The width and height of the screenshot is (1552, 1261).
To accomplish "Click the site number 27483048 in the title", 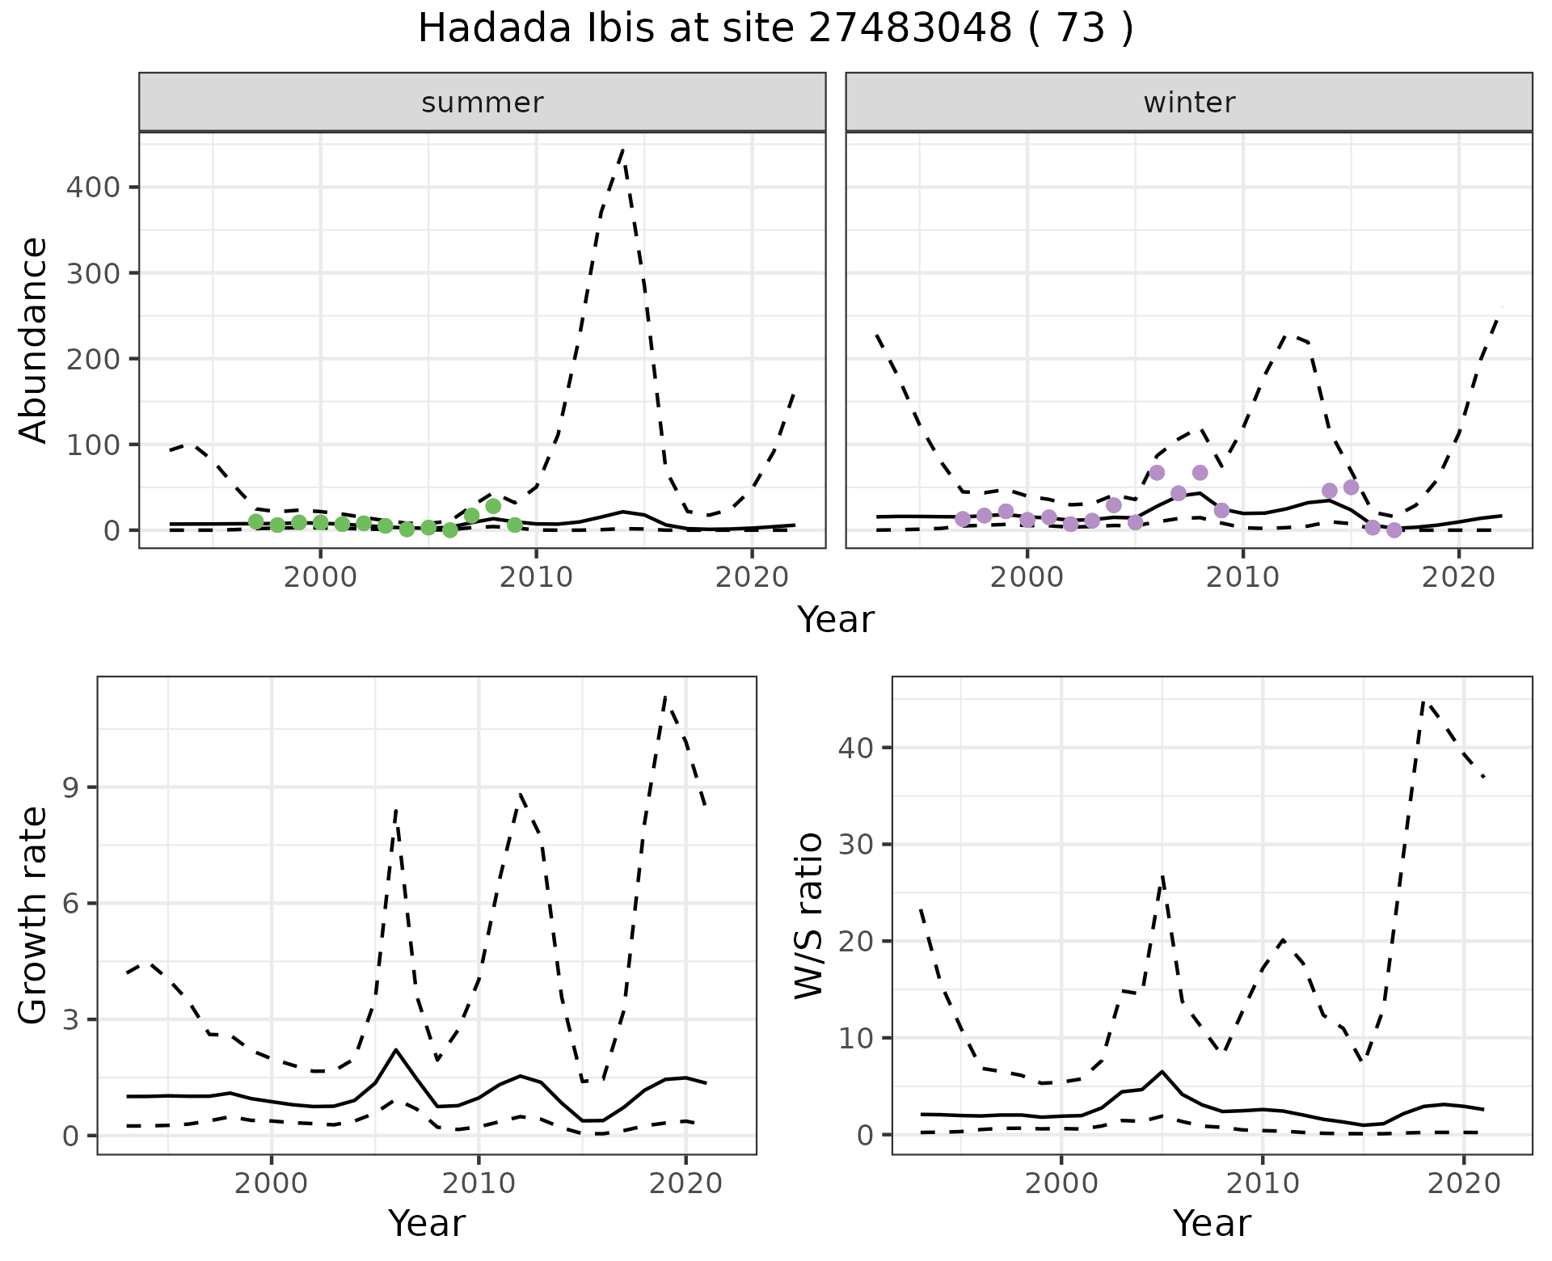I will click(909, 29).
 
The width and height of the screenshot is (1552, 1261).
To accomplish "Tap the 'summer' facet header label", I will click(483, 103).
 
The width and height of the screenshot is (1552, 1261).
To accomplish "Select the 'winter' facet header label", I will click(1189, 103).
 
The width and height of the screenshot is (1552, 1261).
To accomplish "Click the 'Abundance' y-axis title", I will click(34, 339).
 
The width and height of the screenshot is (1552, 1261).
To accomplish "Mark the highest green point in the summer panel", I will click(493, 506).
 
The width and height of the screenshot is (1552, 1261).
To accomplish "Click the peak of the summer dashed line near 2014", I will click(622, 150).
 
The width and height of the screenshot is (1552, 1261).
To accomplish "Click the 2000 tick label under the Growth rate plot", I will click(272, 1183).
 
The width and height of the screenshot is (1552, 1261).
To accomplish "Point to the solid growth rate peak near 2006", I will click(396, 1050).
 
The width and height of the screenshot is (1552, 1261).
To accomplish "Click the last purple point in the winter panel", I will click(1394, 530).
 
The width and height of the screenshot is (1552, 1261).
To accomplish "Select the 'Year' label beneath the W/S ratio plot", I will click(1212, 1224).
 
